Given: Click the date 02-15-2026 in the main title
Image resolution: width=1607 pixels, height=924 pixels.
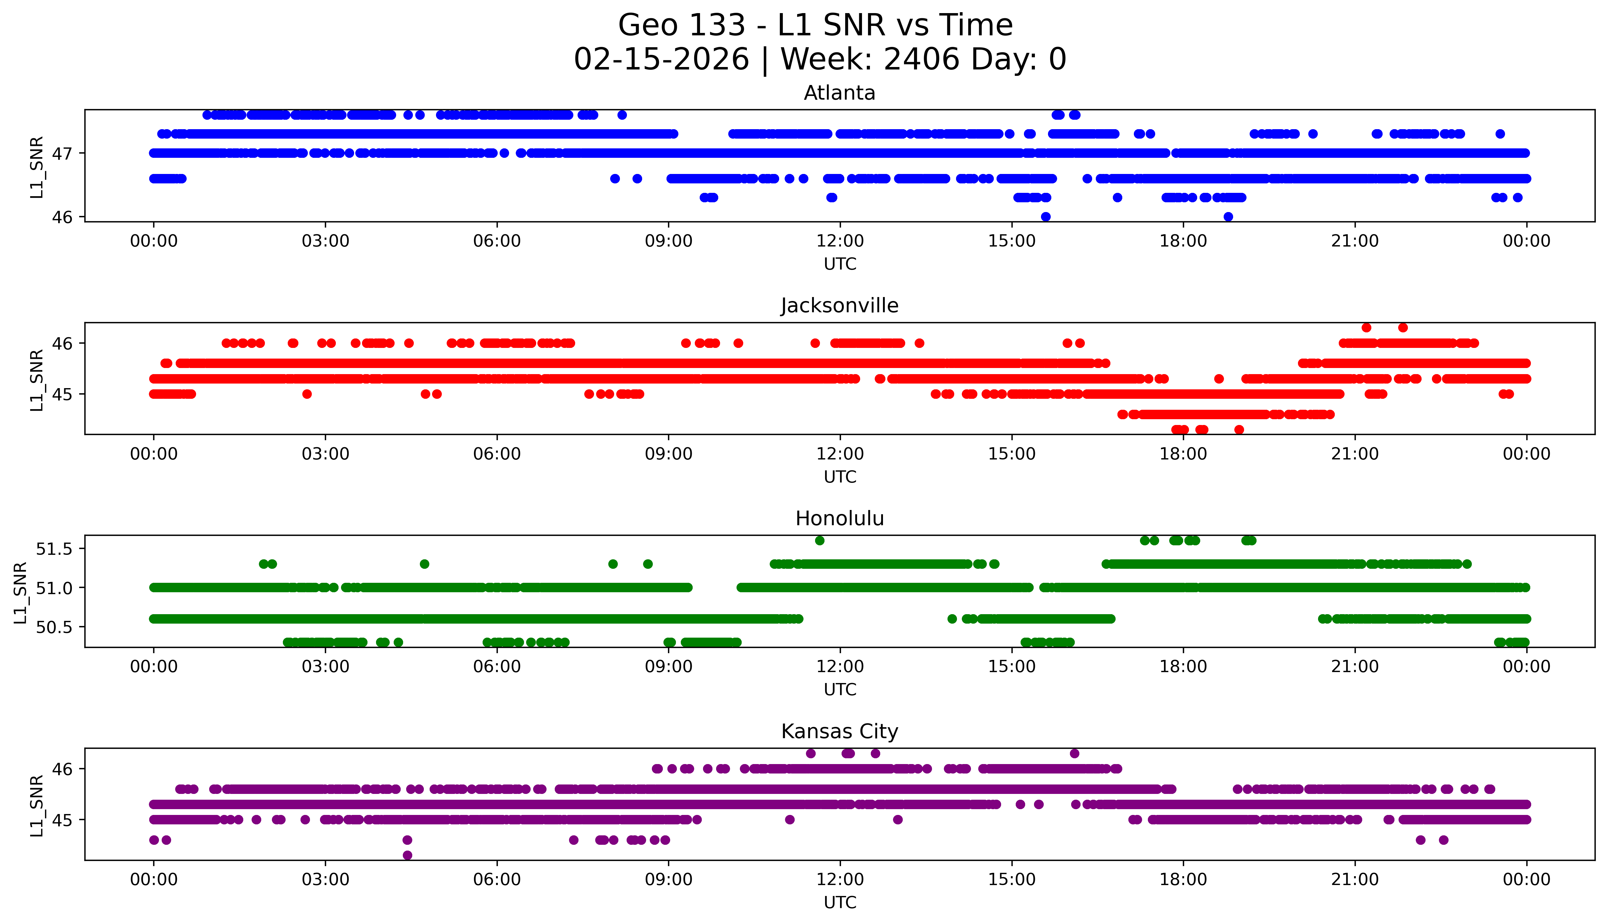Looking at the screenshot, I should click(x=661, y=60).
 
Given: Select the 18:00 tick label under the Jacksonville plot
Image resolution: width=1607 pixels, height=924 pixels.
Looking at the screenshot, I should click(x=1183, y=454).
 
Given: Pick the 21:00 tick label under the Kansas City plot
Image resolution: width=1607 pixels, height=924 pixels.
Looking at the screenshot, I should click(x=1355, y=880).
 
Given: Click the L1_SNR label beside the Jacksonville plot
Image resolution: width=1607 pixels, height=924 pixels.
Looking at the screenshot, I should click(x=37, y=380).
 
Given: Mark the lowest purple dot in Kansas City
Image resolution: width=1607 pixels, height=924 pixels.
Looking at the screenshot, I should click(x=407, y=855).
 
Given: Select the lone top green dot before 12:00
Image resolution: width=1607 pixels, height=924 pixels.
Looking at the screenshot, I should click(x=819, y=541).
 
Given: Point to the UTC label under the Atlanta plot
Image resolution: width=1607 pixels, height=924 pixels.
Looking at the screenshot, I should click(x=840, y=264).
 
